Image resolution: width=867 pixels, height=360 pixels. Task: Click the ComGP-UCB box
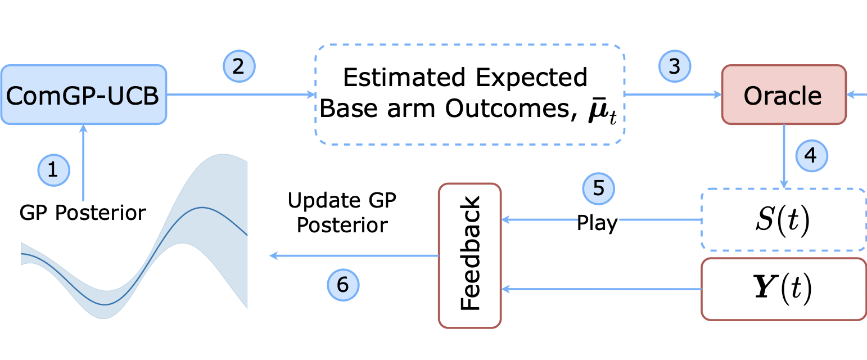83,94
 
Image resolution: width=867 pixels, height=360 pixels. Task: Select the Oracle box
783,94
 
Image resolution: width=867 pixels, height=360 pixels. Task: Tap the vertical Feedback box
469,255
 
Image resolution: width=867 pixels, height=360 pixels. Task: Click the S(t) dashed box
784,219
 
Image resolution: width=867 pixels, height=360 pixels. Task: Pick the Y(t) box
784,289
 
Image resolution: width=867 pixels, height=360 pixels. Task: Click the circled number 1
53,169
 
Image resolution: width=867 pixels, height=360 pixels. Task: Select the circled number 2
238,66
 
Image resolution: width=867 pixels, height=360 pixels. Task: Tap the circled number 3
674,66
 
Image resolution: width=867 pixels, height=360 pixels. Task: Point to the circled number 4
811,155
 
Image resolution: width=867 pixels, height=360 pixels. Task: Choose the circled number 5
599,188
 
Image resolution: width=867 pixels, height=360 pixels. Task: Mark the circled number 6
342,285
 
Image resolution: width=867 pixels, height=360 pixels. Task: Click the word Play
597,223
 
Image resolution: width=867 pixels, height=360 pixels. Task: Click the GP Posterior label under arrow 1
83,213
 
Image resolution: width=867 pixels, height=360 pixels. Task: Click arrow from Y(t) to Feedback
602,289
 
